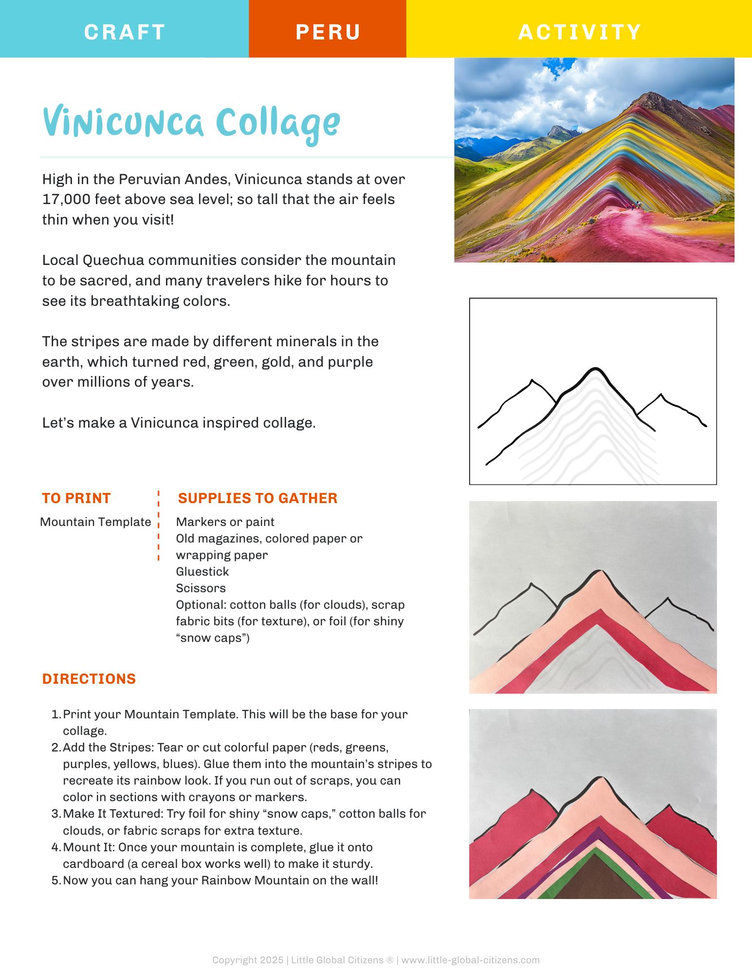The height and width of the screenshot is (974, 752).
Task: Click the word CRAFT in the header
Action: click(125, 32)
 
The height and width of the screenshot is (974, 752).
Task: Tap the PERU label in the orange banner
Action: click(328, 32)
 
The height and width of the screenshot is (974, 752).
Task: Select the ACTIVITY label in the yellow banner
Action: click(579, 32)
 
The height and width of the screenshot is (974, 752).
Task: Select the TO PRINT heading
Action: click(76, 498)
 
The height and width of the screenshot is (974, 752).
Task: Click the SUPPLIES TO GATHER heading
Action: click(257, 498)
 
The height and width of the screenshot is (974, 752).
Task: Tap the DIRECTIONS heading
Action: click(89, 679)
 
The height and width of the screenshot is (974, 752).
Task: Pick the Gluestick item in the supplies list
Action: click(202, 572)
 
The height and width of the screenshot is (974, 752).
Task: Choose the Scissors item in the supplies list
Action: click(201, 588)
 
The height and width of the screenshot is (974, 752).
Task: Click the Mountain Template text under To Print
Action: click(95, 522)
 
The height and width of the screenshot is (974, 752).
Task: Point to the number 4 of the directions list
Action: click(55, 847)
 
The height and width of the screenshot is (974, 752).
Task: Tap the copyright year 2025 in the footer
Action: click(271, 960)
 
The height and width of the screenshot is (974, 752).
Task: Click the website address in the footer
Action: click(470, 960)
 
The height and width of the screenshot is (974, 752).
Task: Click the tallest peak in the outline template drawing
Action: click(595, 369)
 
